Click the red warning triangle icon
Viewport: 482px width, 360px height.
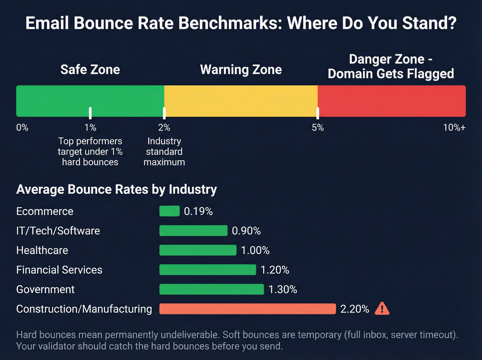pyautogui.click(x=382, y=309)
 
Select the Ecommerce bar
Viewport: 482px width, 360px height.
pyautogui.click(x=169, y=211)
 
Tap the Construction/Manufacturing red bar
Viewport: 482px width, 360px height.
pyautogui.click(x=247, y=309)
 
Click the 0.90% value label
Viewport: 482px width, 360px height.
pyautogui.click(x=246, y=231)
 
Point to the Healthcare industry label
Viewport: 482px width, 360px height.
pyautogui.click(x=42, y=250)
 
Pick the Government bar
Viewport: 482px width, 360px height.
pyautogui.click(x=211, y=289)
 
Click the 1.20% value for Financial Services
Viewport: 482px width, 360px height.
pyautogui.click(x=275, y=270)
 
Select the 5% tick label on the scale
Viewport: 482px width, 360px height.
pyautogui.click(x=317, y=128)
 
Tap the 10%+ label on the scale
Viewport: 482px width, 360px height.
pyautogui.click(x=454, y=128)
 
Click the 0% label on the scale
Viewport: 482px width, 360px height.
pyautogui.click(x=22, y=128)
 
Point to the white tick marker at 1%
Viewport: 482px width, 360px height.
pyautogui.click(x=90, y=113)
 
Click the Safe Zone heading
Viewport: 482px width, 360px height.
pyautogui.click(x=90, y=70)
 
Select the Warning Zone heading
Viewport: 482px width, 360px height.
pyautogui.click(x=241, y=70)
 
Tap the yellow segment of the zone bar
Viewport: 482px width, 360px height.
pyautogui.click(x=241, y=101)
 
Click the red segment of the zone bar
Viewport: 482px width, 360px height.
pyautogui.click(x=391, y=101)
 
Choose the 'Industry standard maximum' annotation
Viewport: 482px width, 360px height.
pyautogui.click(x=164, y=152)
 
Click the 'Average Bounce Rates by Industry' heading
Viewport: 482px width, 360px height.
pyautogui.click(x=116, y=189)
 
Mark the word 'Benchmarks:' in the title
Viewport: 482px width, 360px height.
pyautogui.click(x=231, y=23)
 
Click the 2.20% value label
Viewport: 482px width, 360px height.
pyautogui.click(x=355, y=309)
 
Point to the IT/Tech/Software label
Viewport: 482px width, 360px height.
pyautogui.click(x=58, y=231)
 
